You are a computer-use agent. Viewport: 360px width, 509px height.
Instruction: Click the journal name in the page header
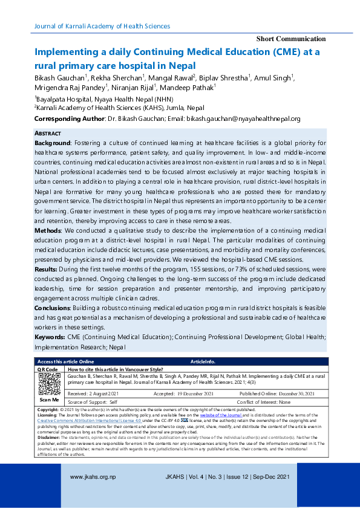click(x=102, y=26)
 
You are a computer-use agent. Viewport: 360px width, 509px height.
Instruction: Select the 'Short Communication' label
click(x=291, y=39)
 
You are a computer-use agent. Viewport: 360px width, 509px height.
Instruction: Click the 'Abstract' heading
click(x=48, y=133)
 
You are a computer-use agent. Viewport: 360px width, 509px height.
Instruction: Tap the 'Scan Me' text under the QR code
click(x=49, y=400)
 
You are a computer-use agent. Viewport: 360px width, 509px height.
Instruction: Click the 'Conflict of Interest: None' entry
click(x=263, y=402)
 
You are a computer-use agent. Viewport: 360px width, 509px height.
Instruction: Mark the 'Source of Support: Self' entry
click(x=93, y=402)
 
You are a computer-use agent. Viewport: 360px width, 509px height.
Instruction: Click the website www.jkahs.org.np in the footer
click(x=93, y=477)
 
